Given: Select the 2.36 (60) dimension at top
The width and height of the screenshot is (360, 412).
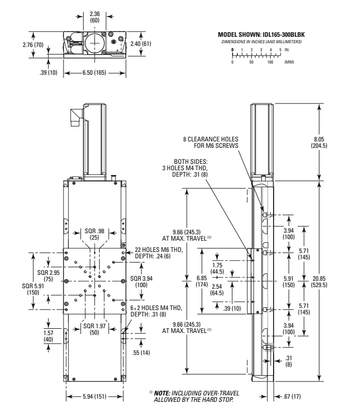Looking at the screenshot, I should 94,17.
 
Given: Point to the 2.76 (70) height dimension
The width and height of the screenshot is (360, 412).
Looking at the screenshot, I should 33,45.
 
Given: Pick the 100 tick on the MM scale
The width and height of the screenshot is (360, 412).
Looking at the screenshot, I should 270,62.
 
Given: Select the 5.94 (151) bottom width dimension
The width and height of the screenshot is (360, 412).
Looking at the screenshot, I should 95,396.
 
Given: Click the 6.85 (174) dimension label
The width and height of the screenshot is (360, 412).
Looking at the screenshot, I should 186,281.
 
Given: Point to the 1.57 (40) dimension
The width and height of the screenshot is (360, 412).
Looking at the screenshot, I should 49,336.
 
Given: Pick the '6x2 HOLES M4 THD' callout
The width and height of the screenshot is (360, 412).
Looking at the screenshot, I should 154,311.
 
